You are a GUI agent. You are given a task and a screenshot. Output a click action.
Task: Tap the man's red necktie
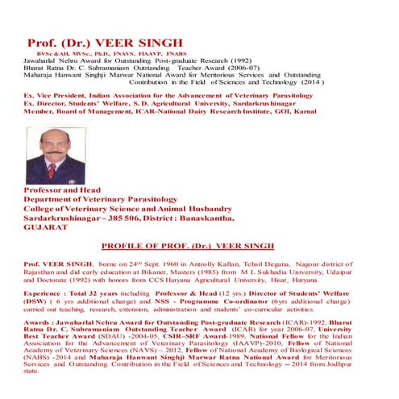coord(52,171)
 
